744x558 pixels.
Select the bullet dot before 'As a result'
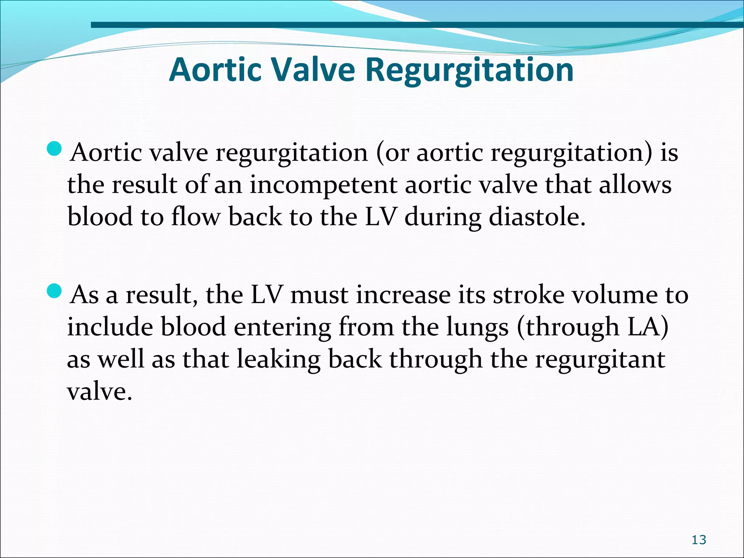55,291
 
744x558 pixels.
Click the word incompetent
323,185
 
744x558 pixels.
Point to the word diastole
537,217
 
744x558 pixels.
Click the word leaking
278,360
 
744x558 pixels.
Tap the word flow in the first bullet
195,217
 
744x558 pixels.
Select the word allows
635,185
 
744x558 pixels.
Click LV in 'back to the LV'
380,217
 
